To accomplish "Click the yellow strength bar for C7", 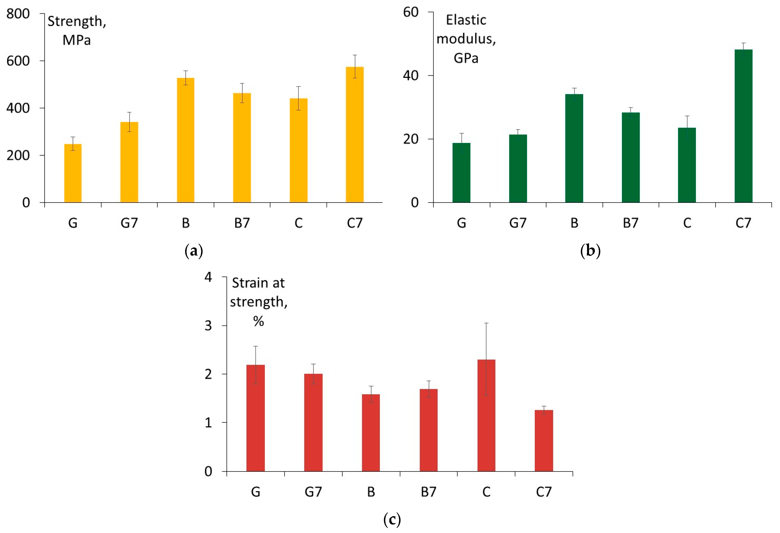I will pos(355,134).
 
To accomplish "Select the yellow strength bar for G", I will pos(73,173).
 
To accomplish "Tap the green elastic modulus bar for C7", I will pos(743,126).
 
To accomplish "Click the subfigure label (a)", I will pos(194,251).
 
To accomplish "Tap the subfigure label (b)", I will pos(590,251).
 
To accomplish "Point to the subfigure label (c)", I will pos(392,520).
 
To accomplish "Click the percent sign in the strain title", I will pos(258,321).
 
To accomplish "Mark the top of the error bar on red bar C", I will pos(486,323).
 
